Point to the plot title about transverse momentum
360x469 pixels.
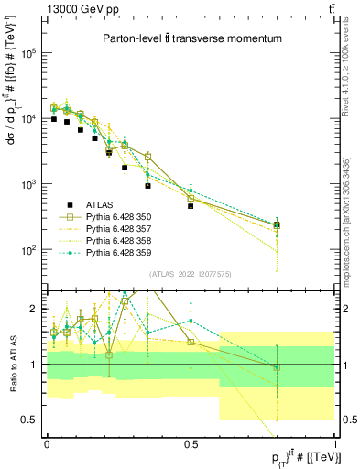(191, 39)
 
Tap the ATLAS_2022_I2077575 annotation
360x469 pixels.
(190, 272)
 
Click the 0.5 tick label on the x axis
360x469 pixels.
(191, 442)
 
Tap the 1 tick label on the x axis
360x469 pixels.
(333, 442)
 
